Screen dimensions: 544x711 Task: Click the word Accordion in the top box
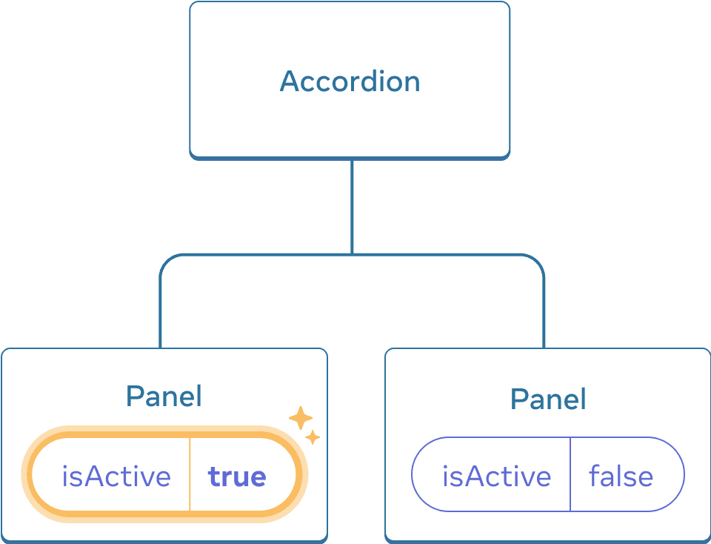pyautogui.click(x=350, y=81)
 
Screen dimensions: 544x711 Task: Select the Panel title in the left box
pyautogui.click(x=164, y=397)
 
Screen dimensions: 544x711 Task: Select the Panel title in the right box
pyautogui.click(x=548, y=399)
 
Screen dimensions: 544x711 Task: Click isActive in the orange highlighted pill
pyautogui.click(x=116, y=476)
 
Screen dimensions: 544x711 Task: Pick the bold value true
pyautogui.click(x=237, y=476)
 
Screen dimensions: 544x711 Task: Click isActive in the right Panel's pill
pyautogui.click(x=496, y=476)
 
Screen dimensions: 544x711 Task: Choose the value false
pyautogui.click(x=621, y=476)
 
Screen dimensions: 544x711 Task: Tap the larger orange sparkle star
pyautogui.click(x=300, y=418)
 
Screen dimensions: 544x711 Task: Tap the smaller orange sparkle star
pyautogui.click(x=313, y=437)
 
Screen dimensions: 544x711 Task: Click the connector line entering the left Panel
pyautogui.click(x=160, y=319)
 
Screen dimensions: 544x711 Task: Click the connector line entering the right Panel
pyautogui.click(x=544, y=319)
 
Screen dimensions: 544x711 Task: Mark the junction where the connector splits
pyautogui.click(x=352, y=255)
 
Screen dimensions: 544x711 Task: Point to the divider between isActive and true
pyautogui.click(x=190, y=474)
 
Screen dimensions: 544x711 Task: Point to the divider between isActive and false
pyautogui.click(x=570, y=474)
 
